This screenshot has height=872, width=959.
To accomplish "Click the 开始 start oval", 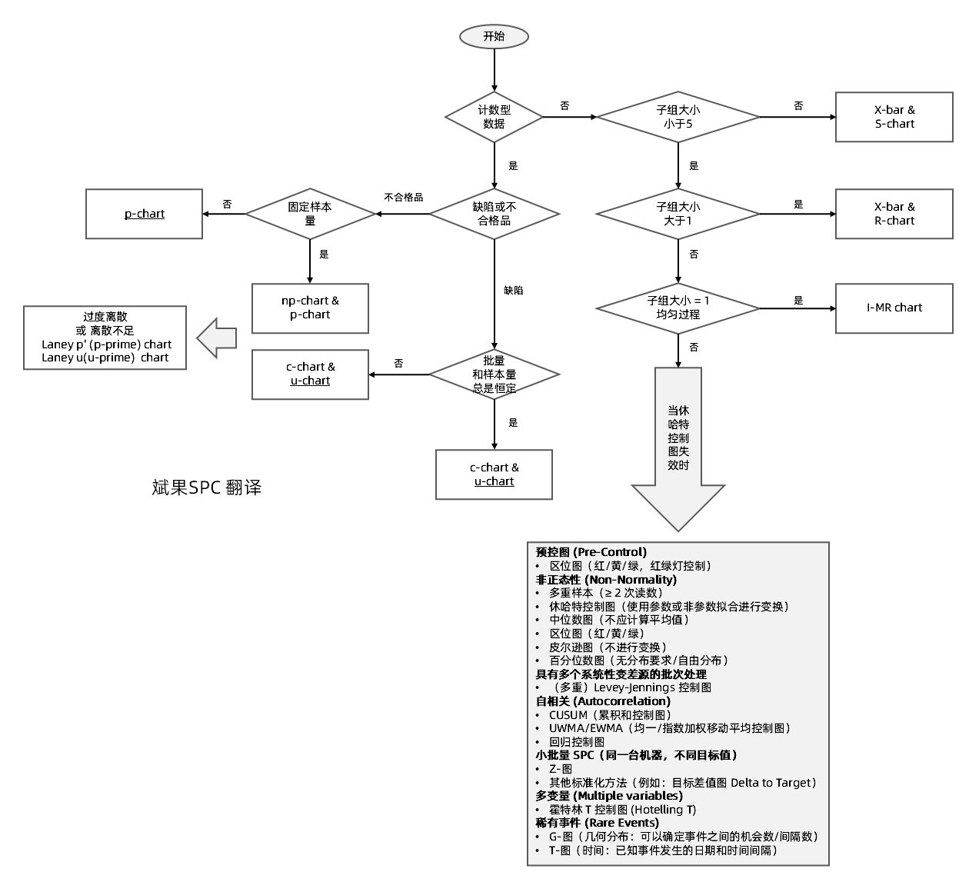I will pyautogui.click(x=494, y=36).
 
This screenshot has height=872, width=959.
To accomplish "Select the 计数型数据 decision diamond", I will pyautogui.click(x=494, y=117).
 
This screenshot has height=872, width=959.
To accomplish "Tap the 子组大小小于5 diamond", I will pyautogui.click(x=678, y=117).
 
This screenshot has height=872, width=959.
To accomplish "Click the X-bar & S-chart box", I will pyautogui.click(x=894, y=117).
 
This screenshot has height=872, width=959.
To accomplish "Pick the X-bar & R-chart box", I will pyautogui.click(x=894, y=214).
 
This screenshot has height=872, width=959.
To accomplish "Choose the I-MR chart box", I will pyautogui.click(x=894, y=308).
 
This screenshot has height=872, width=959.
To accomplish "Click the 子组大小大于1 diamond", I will pyautogui.click(x=678, y=214).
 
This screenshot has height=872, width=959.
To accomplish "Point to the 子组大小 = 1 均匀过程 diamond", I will pyautogui.click(x=678, y=308).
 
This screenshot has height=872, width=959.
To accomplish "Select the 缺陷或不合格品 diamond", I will pyautogui.click(x=494, y=214).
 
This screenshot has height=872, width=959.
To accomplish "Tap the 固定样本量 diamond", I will pyautogui.click(x=310, y=214).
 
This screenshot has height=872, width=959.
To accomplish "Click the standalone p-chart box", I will pyautogui.click(x=145, y=214).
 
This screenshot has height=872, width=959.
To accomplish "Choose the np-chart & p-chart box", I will pyautogui.click(x=310, y=308).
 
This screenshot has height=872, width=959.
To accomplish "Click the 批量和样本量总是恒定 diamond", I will pyautogui.click(x=494, y=374).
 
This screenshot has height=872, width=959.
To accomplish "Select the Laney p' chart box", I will pyautogui.click(x=105, y=338).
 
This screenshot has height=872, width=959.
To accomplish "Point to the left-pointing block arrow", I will pyautogui.click(x=217, y=338).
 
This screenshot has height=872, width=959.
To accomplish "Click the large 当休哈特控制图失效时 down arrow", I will pyautogui.click(x=678, y=446).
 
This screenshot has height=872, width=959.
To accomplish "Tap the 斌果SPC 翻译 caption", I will pyautogui.click(x=207, y=488).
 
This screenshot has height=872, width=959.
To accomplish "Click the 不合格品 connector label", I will pyautogui.click(x=403, y=198).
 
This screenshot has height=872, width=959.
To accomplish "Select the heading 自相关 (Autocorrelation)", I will pyautogui.click(x=603, y=701).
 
